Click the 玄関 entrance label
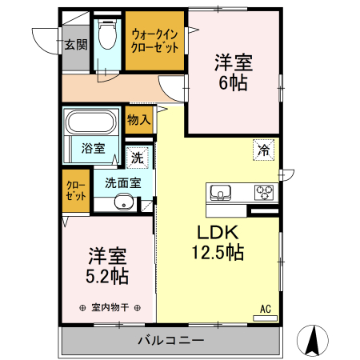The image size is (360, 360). pos(76,44)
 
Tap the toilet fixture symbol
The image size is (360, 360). pos(106,36)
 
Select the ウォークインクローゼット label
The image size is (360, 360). pos(154,40)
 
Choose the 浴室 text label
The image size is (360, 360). pos(94,148)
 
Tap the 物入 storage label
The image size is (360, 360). pos(138,120)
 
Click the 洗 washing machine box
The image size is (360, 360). pos(138,158)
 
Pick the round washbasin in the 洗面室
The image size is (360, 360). pos(121,202)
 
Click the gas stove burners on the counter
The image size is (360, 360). pos(264,193)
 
